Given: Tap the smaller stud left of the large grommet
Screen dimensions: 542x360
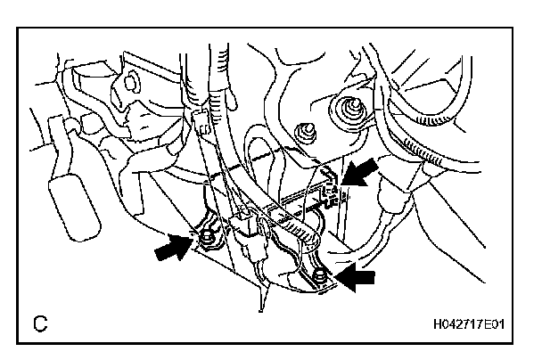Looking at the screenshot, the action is point(303,133).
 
